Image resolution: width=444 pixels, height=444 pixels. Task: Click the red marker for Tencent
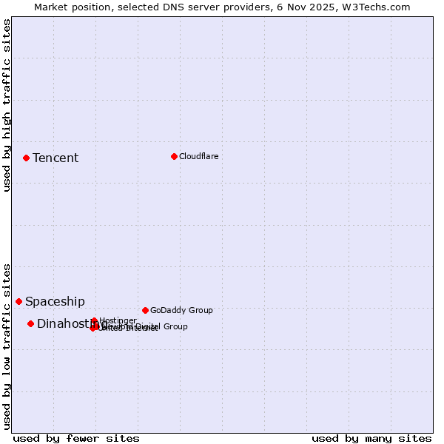pyautogui.click(x=26, y=158)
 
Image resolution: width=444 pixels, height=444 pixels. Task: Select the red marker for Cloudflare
pyautogui.click(x=174, y=156)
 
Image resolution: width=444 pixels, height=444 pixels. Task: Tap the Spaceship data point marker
pyautogui.click(x=18, y=301)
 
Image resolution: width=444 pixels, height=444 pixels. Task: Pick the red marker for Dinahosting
pyautogui.click(x=30, y=323)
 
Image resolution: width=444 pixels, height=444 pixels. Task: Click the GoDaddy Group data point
pyautogui.click(x=145, y=310)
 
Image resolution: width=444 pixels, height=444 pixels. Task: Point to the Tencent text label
pyautogui.click(x=55, y=158)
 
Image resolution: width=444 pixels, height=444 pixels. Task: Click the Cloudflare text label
pyautogui.click(x=198, y=156)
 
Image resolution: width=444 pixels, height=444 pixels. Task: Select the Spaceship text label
pyautogui.click(x=55, y=301)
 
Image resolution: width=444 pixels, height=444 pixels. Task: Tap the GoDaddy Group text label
pyautogui.click(x=181, y=310)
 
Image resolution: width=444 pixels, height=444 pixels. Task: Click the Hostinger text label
pyautogui.click(x=118, y=320)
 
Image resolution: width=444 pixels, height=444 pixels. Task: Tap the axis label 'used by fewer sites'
pyautogui.click(x=76, y=438)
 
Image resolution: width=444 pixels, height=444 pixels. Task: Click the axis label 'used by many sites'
pyautogui.click(x=371, y=438)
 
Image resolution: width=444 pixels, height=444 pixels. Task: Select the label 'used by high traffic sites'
pyautogui.click(x=7, y=106)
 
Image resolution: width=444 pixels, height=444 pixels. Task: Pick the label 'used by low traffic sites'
pyautogui.click(x=7, y=346)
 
